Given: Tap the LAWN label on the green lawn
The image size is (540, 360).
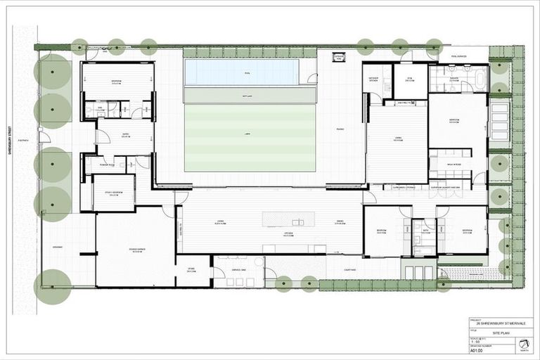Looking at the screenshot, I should (x=247, y=133).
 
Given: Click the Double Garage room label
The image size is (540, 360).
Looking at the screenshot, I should (x=134, y=249).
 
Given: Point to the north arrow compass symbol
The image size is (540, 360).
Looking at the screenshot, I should (x=522, y=343).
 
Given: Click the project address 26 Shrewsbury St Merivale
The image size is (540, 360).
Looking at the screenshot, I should (x=501, y=324).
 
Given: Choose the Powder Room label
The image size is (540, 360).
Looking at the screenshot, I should (x=109, y=165).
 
